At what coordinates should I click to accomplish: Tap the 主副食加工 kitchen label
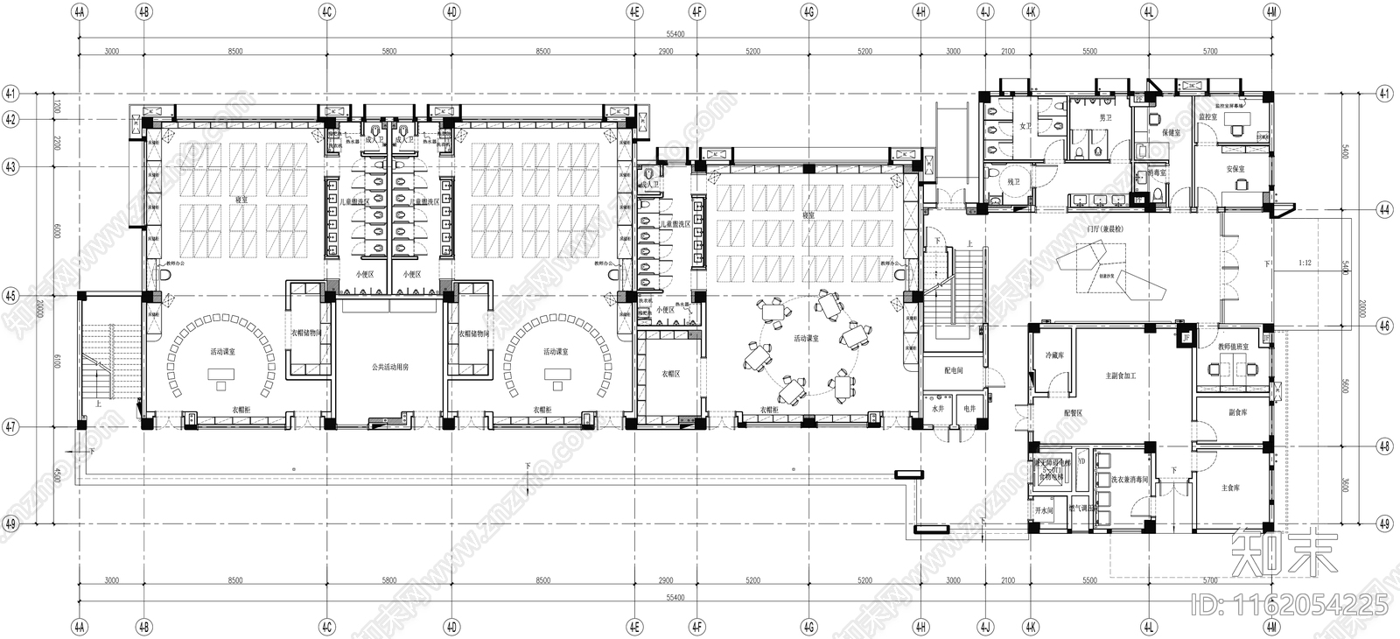point(1120,376)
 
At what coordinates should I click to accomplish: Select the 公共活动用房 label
point(389,368)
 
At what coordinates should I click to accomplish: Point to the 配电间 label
point(954,370)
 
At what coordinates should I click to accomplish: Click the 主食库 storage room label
point(1230,488)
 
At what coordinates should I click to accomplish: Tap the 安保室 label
point(1235,169)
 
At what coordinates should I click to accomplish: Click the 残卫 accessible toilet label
point(1013,181)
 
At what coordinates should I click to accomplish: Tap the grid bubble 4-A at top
point(80,12)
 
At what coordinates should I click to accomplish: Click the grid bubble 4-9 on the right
point(1383,524)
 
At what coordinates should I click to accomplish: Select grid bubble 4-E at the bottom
point(635,627)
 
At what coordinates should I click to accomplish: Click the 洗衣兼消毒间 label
point(1129,480)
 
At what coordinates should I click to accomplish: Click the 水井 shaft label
point(938,409)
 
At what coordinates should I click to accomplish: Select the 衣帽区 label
point(670,374)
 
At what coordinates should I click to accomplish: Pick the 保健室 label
point(1172,133)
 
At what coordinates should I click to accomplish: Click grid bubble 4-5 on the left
point(10,296)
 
